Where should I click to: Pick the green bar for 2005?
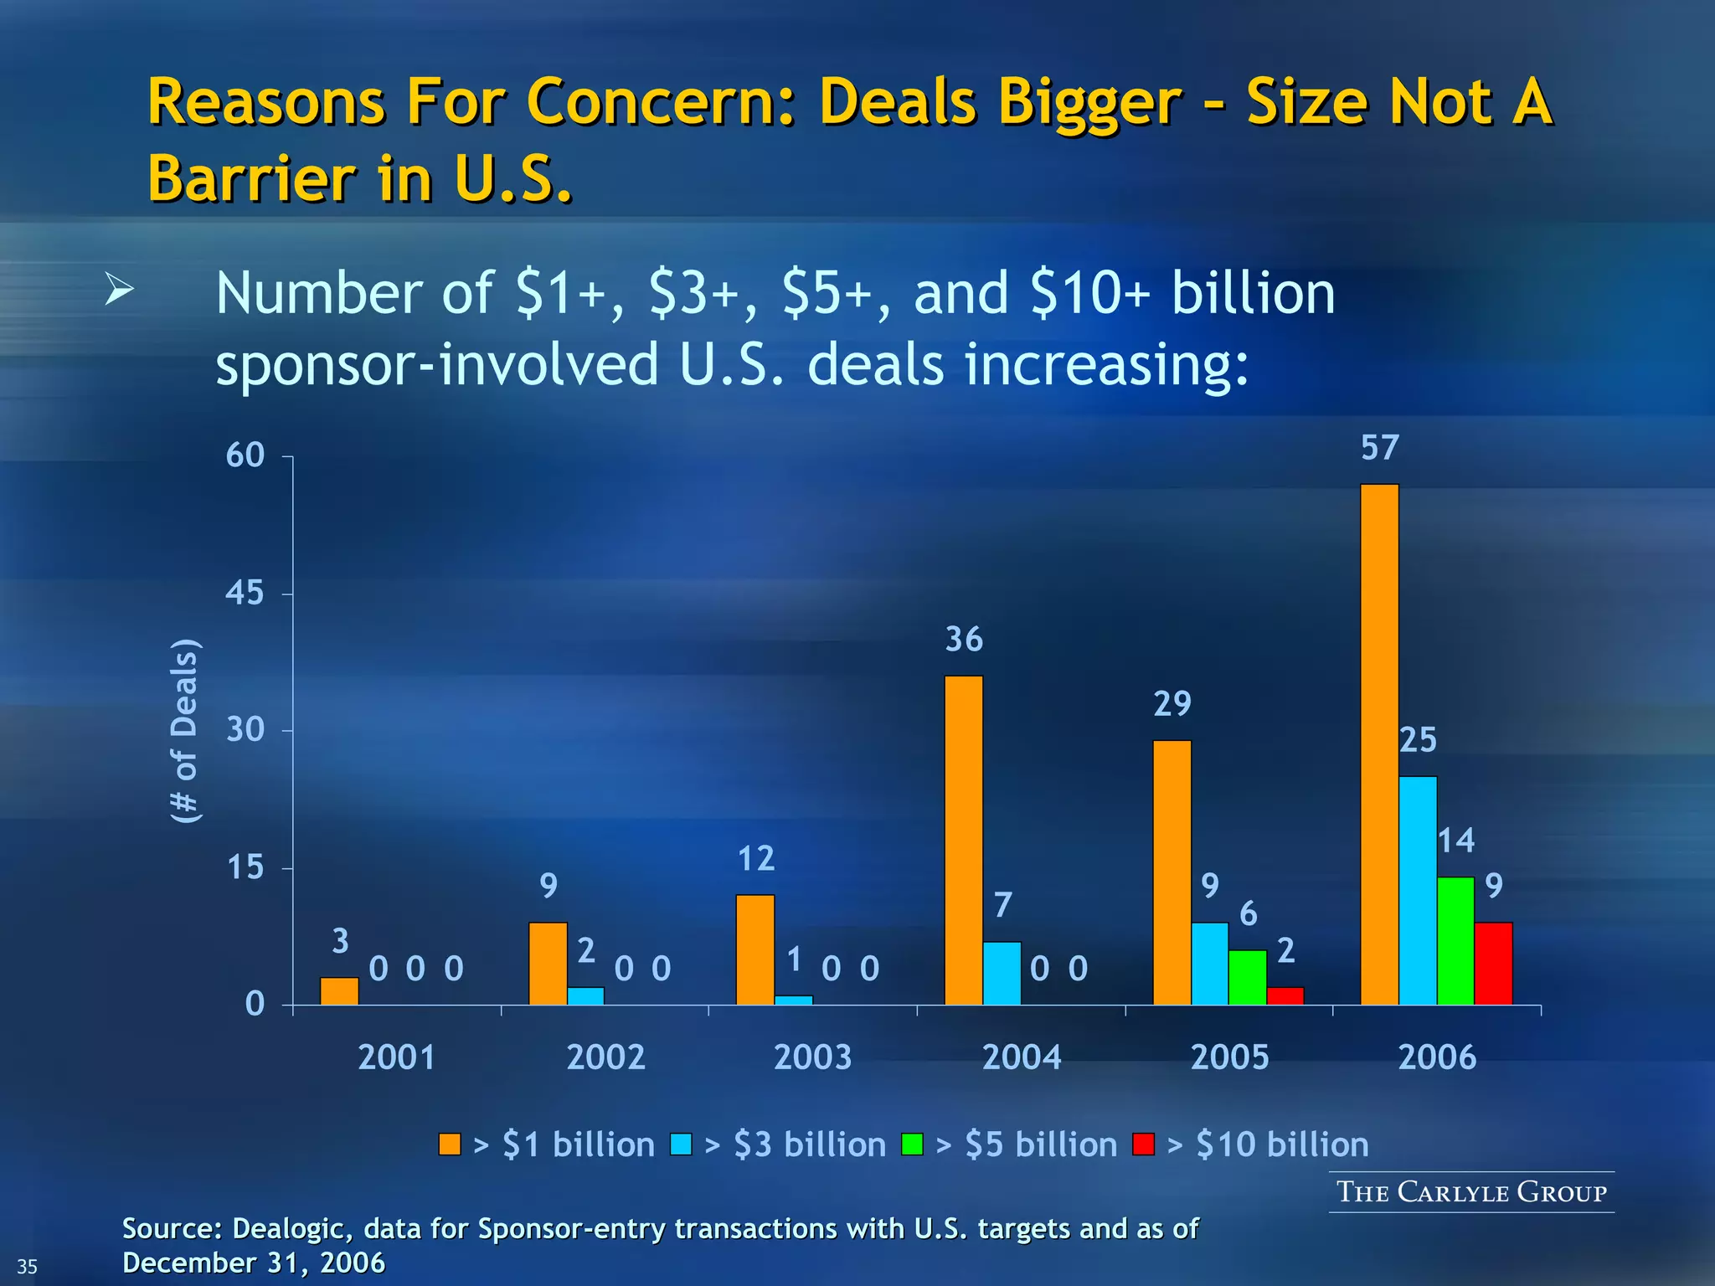[x=1248, y=977]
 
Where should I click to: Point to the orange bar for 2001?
[x=339, y=990]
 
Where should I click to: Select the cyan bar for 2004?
[x=1002, y=973]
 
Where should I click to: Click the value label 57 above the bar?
[x=1379, y=448]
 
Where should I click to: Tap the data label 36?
[x=964, y=640]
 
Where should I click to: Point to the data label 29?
[x=1172, y=704]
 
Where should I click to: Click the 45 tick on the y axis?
[x=245, y=593]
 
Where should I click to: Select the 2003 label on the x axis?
[x=812, y=1057]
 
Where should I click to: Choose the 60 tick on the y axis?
[x=245, y=455]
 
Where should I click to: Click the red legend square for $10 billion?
[x=1143, y=1144]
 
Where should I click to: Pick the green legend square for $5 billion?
[x=912, y=1144]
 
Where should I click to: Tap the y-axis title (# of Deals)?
[x=184, y=730]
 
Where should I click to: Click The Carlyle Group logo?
[x=1471, y=1191]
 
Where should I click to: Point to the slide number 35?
[x=28, y=1266]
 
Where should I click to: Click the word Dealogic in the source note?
[x=283, y=1228]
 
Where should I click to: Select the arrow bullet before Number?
[x=120, y=291]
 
